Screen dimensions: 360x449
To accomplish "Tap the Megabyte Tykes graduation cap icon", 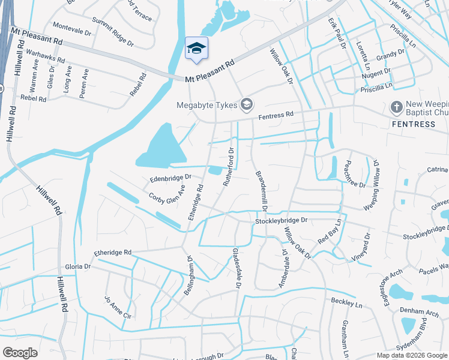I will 246,106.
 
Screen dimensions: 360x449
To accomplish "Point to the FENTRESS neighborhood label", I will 413,124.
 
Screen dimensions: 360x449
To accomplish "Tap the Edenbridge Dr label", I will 170,178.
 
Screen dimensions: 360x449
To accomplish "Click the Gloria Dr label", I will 78,266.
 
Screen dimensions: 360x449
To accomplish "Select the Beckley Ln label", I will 346,301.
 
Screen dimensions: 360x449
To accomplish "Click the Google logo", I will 20,353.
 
